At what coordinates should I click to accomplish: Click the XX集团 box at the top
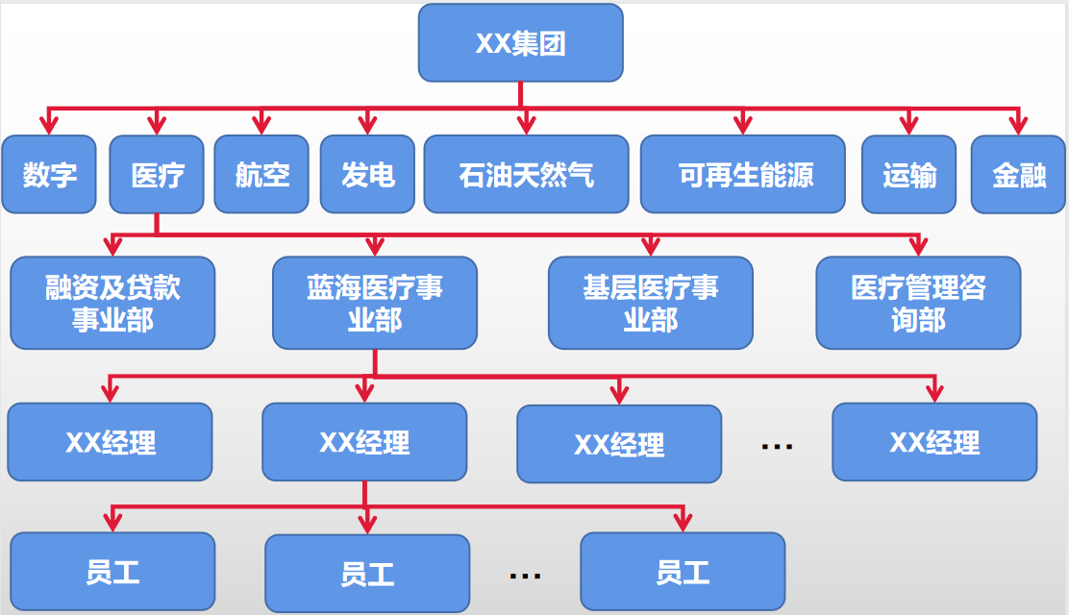pos(520,43)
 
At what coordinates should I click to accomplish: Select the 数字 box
pos(49,174)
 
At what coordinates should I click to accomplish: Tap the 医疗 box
pos(157,174)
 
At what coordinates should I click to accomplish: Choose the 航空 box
pos(261,174)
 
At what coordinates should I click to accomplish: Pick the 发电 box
pos(367,174)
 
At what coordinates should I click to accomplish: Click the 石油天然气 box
pos(526,174)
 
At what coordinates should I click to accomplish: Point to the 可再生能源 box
pos(743,174)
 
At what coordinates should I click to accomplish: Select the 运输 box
pos(909,174)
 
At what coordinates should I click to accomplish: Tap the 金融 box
pos(1019,174)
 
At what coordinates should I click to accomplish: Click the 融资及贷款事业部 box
pos(112,303)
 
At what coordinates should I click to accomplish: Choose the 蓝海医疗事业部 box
pos(375,303)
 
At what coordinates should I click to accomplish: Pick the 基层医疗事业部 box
pos(651,303)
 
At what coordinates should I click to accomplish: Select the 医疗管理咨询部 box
pos(918,303)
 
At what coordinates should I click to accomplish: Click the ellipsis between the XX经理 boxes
pos(776,446)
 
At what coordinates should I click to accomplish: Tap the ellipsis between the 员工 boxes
pos(525,575)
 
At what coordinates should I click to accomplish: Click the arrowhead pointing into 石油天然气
pos(526,125)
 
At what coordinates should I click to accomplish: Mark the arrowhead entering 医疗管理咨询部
pos(918,247)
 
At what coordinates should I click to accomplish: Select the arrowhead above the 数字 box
pos(49,125)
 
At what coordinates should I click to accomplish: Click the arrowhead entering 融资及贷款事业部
pos(112,247)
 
